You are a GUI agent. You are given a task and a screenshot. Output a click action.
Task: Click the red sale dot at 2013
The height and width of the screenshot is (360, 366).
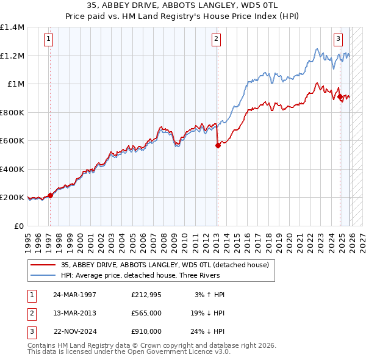(x=217, y=145)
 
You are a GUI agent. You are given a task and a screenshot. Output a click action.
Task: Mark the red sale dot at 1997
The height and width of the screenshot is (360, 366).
(x=50, y=195)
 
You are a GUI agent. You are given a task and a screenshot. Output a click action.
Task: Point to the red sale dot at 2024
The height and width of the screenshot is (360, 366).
(x=340, y=96)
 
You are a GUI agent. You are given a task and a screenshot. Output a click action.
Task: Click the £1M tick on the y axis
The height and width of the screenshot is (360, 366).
(x=13, y=84)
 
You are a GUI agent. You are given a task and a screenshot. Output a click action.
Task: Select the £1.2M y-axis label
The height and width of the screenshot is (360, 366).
(x=12, y=56)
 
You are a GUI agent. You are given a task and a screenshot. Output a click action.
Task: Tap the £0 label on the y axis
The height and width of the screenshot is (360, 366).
(x=18, y=226)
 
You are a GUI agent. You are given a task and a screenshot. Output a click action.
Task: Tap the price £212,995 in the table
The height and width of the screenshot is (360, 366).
(x=146, y=294)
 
